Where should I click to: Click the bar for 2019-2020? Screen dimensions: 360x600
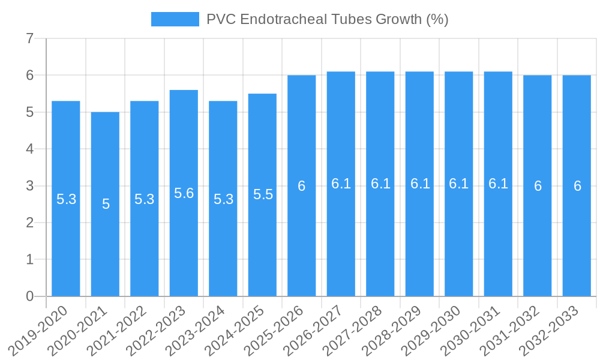pos(66,240)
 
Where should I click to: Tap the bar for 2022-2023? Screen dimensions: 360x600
pos(184,240)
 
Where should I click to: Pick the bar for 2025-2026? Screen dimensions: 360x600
pos(302,240)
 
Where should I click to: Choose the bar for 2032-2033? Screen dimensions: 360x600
pos(577,240)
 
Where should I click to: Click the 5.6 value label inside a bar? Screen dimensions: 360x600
pos(184,193)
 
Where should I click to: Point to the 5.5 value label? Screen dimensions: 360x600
pos(263,194)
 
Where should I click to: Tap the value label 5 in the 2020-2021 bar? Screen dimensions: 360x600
pos(106,204)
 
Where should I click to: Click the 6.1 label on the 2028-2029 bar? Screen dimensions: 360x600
pos(420,184)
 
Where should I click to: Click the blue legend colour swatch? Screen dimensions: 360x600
pos(175,19)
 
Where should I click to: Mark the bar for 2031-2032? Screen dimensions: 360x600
pos(538,240)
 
